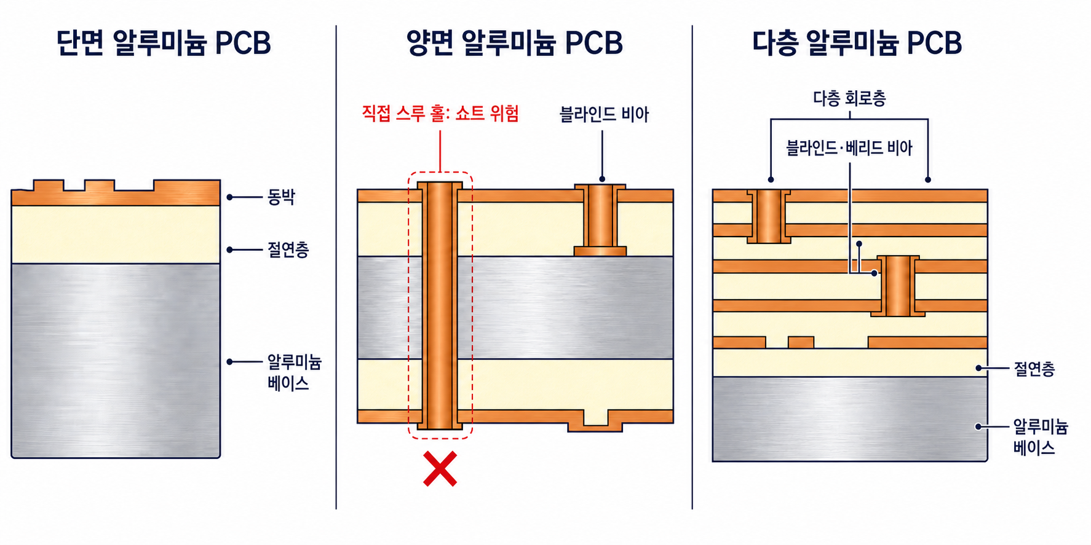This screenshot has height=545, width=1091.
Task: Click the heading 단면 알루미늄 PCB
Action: click(164, 43)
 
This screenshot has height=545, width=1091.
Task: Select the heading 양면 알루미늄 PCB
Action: click(515, 43)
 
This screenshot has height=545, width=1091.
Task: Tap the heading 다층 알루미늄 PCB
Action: click(857, 43)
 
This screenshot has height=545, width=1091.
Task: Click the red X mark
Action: click(440, 469)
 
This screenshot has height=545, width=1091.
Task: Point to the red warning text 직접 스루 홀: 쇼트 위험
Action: click(440, 114)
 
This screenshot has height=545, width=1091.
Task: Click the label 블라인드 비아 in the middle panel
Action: click(604, 114)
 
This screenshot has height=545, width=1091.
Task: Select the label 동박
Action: click(281, 197)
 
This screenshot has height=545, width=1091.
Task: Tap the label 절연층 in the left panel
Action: click(288, 249)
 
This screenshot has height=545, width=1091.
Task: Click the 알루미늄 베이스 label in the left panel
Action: click(294, 372)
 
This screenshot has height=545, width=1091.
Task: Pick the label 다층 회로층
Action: click(849, 98)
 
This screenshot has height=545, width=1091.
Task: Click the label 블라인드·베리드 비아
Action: click(849, 148)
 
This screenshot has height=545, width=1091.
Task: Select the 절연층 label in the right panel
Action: click(1034, 369)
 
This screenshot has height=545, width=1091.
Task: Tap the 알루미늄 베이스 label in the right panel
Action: click(1041, 437)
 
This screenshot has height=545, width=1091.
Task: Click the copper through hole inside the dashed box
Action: click(440, 305)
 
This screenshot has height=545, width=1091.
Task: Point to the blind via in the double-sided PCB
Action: click(600, 220)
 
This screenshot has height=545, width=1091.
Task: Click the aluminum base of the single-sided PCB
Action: click(116, 361)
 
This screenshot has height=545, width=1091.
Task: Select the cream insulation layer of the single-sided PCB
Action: click(116, 235)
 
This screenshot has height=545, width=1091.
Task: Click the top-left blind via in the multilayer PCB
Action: click(769, 216)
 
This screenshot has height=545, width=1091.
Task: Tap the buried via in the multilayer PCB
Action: click(898, 286)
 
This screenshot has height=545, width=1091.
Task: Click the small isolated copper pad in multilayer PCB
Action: click(801, 342)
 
